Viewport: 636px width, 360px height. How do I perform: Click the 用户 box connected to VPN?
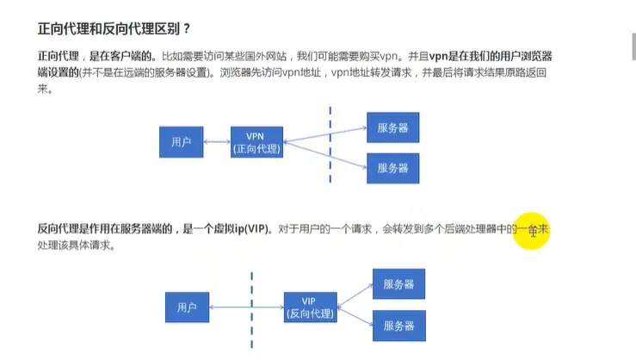pyautogui.click(x=181, y=141)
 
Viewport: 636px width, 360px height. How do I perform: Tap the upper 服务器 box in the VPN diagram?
pyautogui.click(x=392, y=127)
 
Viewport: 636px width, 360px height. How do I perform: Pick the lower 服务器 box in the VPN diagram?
pyautogui.click(x=392, y=167)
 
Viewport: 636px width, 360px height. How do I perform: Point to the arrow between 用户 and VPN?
pyautogui.click(x=216, y=141)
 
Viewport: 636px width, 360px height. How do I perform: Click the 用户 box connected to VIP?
pyautogui.click(x=187, y=307)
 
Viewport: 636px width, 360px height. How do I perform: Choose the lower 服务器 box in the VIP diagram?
pyautogui.click(x=398, y=326)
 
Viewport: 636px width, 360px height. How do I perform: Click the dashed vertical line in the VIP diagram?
pyautogui.click(x=251, y=310)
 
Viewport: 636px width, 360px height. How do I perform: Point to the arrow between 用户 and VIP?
pyautogui.click(x=246, y=307)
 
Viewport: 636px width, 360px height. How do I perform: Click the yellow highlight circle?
pyautogui.click(x=531, y=231)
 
